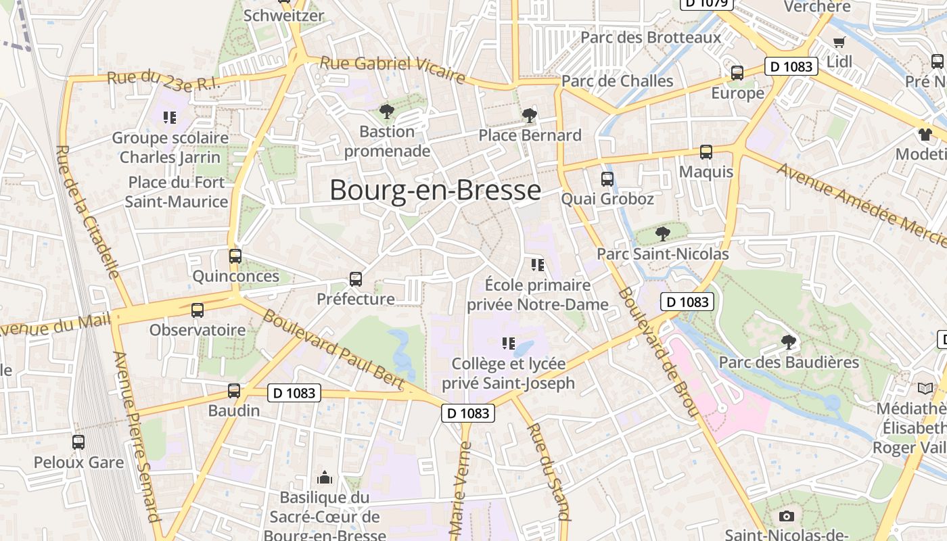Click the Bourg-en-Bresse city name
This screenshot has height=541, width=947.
click(435, 190)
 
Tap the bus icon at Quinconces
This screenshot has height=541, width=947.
click(235, 256)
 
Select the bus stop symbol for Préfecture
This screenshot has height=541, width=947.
click(356, 279)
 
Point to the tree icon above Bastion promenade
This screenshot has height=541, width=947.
click(387, 111)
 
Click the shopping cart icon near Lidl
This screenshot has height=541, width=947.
click(839, 42)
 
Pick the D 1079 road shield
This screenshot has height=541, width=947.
click(707, 3)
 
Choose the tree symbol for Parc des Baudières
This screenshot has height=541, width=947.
click(788, 342)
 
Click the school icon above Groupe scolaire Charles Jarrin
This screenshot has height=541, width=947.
click(170, 118)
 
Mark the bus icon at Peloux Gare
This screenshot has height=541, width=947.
click(78, 442)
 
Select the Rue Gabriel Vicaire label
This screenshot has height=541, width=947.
click(392, 70)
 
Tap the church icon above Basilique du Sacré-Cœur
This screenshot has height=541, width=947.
click(325, 478)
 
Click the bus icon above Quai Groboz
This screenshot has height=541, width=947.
click(607, 179)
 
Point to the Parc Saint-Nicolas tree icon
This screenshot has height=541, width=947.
click(662, 234)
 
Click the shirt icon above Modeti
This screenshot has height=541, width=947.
click(925, 134)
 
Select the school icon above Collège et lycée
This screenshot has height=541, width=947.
click(509, 344)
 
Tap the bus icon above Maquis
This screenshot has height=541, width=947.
click(706, 152)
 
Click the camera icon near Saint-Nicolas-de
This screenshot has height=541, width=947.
click(786, 517)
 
